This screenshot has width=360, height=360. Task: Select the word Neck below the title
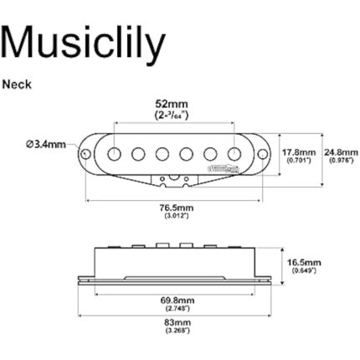pos(16,84)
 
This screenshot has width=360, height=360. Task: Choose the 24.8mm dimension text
pos(340,152)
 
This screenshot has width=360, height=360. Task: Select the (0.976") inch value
pos(340,160)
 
